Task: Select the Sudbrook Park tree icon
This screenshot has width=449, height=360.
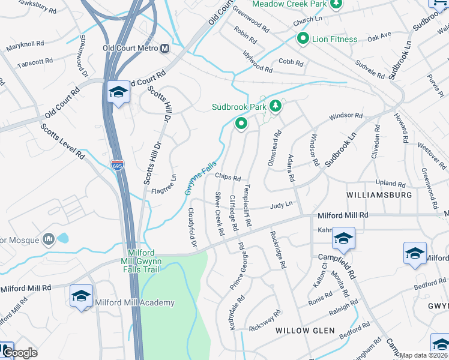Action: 276,106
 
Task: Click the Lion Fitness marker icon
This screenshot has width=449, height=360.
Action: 304,39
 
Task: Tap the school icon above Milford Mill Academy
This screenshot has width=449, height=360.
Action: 81,295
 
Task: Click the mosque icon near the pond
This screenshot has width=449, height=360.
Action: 49,240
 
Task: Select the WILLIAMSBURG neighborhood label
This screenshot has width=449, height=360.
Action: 379,196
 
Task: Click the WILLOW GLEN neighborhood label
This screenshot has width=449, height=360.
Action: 301,331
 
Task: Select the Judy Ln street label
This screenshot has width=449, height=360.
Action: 281,205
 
